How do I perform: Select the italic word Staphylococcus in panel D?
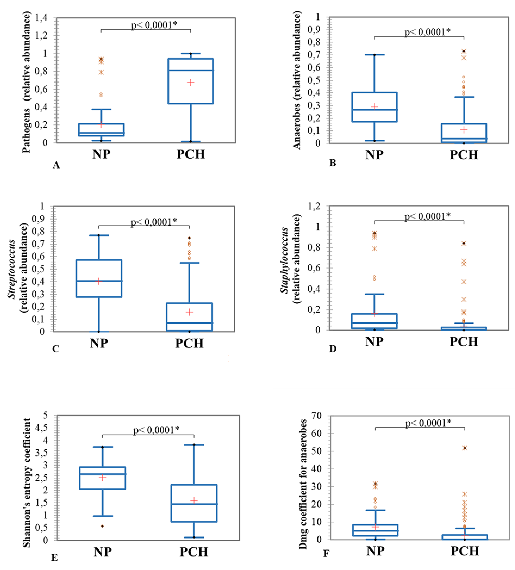285,260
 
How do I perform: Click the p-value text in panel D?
427,216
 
